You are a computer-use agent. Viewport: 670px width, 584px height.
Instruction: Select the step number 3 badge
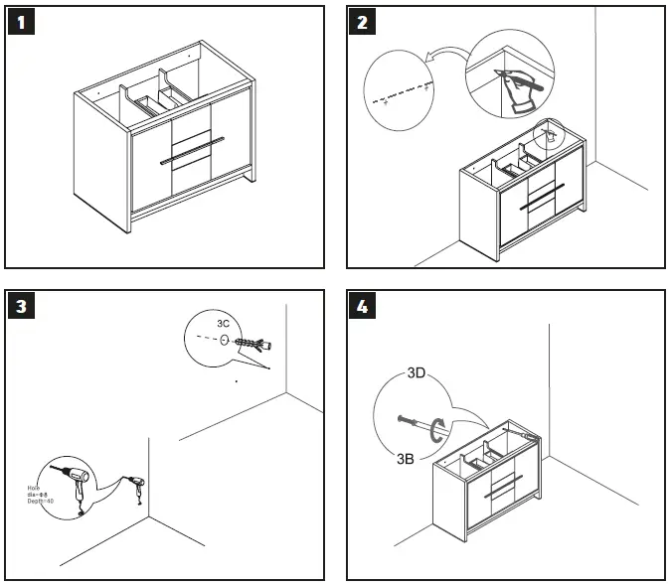22,307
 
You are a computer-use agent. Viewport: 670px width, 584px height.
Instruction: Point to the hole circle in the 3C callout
224,341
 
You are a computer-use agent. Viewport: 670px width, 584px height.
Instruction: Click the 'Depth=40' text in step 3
41,502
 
